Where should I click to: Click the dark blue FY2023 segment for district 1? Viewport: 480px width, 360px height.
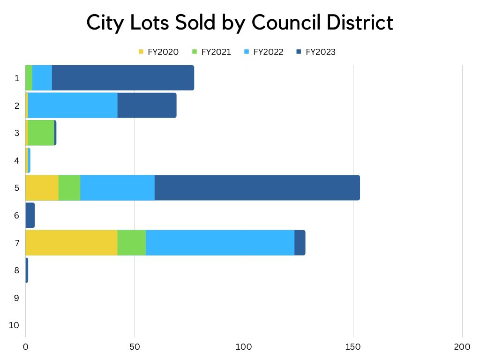tap(123, 78)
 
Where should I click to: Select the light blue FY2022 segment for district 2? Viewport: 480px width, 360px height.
tap(73, 105)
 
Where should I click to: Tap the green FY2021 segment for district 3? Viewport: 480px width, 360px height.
tap(41, 133)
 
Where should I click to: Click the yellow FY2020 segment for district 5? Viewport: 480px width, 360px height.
tap(42, 187)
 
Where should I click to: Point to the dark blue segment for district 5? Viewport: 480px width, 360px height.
tap(257, 187)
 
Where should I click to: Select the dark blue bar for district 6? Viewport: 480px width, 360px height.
tap(30, 215)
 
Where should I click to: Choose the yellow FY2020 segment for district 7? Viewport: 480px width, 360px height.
tap(71, 242)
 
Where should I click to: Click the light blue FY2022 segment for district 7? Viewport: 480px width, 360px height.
tap(220, 242)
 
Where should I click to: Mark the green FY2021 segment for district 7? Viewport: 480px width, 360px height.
tap(131, 242)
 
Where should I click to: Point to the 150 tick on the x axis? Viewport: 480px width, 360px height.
tap(353, 346)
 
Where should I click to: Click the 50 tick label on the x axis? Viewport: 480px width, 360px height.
tap(135, 346)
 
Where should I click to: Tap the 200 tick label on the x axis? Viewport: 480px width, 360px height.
tap(462, 346)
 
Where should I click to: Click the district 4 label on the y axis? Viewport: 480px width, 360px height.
tap(17, 160)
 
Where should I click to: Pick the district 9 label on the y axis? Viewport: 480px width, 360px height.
tap(17, 298)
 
